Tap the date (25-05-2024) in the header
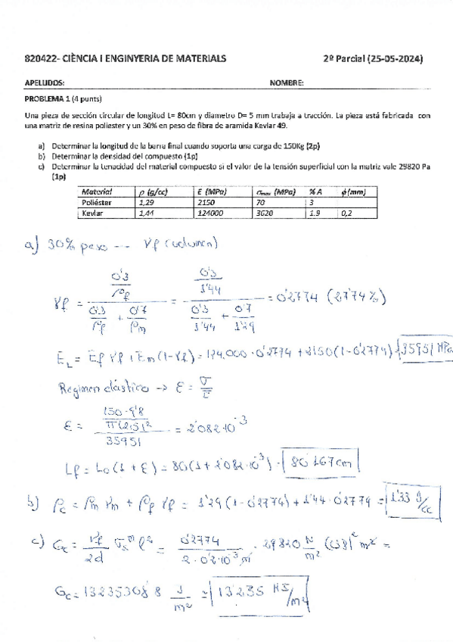(x=394, y=58)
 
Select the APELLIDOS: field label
(x=44, y=83)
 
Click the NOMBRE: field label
(x=287, y=83)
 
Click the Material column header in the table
(x=96, y=192)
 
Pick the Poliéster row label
(x=96, y=203)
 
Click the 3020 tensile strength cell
(x=265, y=213)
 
